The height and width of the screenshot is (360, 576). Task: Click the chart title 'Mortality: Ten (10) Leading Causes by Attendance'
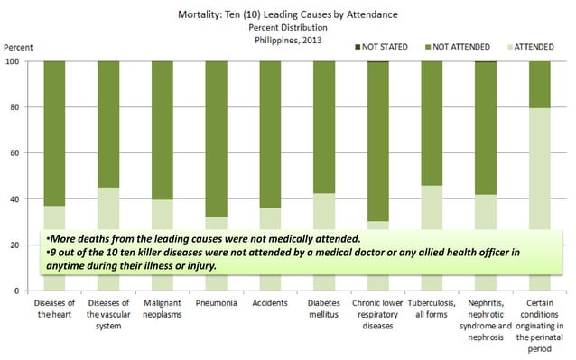(288, 14)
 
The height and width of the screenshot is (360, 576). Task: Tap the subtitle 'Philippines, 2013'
(288, 40)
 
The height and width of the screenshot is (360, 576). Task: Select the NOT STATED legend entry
(381, 47)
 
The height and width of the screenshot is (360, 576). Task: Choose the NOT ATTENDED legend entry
(458, 47)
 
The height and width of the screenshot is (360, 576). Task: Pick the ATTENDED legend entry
(531, 47)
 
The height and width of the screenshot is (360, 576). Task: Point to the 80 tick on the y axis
(14, 107)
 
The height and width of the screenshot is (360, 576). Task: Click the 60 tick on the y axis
(14, 153)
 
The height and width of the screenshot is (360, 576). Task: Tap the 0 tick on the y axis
(17, 291)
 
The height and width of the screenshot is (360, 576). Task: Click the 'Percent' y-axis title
(18, 47)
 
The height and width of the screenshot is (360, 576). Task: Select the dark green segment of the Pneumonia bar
(217, 139)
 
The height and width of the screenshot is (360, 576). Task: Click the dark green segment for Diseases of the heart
(54, 134)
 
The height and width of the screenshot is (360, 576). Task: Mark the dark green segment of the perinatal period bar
(540, 85)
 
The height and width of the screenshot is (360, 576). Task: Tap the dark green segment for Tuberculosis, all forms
(432, 124)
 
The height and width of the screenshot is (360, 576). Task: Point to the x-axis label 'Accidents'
(270, 303)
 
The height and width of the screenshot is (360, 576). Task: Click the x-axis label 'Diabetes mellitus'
(323, 309)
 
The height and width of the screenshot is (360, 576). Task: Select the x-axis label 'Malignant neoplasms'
(163, 309)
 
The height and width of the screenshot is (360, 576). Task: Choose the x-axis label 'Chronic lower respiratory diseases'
(377, 315)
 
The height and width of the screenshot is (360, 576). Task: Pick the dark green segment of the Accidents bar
(270, 134)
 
